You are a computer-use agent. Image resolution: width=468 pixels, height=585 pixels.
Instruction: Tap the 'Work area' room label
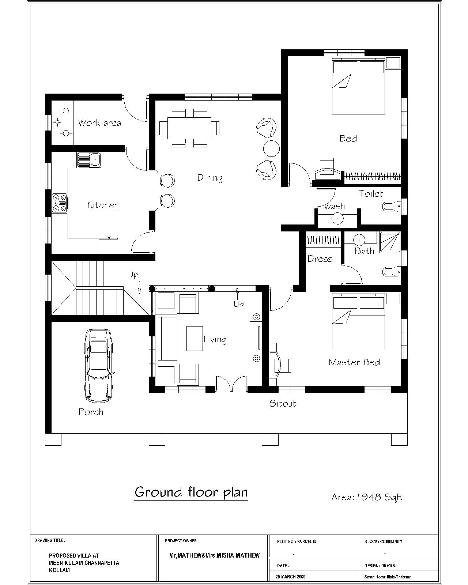[x=99, y=123]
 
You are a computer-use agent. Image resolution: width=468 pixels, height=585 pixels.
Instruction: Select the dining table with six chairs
[x=189, y=128]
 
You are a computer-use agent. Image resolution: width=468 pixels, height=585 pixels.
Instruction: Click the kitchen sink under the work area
[x=89, y=159]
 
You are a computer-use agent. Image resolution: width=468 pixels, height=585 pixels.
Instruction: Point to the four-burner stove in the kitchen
[x=60, y=203]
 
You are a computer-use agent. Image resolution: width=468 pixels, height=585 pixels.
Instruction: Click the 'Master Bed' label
[x=354, y=362]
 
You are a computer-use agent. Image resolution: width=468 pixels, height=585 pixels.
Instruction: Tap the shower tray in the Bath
[x=390, y=242]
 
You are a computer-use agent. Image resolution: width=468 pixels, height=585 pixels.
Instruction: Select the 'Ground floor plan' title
[x=191, y=492]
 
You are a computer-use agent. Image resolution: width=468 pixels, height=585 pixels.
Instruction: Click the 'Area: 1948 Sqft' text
[x=367, y=497]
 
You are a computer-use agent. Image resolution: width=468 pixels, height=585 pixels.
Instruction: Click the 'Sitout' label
[x=283, y=403]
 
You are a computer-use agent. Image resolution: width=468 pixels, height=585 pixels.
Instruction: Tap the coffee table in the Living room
[x=195, y=339]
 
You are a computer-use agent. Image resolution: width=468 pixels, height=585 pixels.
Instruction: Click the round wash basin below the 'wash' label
[x=337, y=219]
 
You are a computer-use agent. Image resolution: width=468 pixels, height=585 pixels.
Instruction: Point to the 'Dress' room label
[x=320, y=258]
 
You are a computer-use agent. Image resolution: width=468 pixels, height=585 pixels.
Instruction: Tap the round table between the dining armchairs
[x=271, y=148]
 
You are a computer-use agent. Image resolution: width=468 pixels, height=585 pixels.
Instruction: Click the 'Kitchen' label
[x=103, y=205]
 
